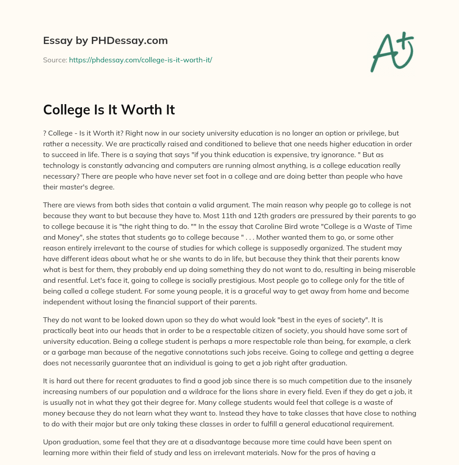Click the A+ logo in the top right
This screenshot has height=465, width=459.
[392, 52]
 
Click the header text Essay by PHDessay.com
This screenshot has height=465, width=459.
[105, 40]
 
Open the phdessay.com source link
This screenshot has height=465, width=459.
[140, 60]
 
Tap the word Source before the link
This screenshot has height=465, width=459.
[55, 60]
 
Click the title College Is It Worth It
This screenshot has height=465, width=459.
[109, 110]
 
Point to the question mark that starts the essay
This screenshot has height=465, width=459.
[45, 133]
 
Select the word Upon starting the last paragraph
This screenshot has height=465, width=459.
[52, 442]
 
